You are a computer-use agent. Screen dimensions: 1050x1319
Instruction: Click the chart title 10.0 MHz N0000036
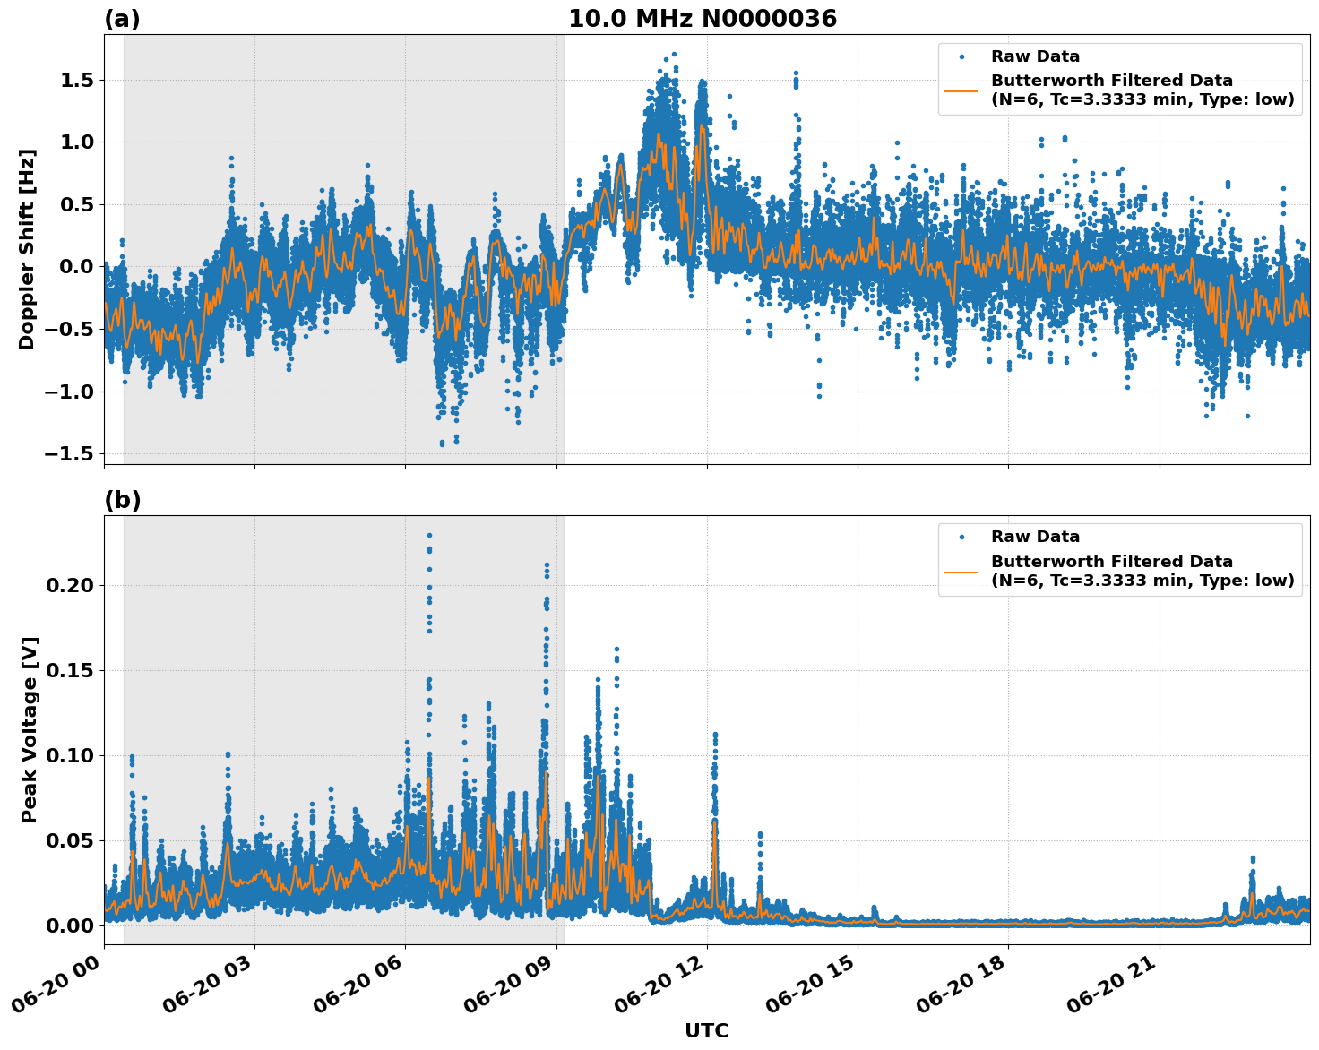click(702, 19)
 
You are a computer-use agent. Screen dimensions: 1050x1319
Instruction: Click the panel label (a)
click(122, 19)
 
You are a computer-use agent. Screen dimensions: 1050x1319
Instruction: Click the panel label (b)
click(122, 500)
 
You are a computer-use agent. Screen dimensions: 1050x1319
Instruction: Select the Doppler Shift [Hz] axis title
click(27, 249)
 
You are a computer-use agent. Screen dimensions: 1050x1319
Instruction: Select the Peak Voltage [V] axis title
click(30, 729)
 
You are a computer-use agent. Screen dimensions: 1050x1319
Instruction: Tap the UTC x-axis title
click(706, 1030)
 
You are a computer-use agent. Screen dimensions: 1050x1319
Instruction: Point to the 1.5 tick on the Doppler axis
click(74, 81)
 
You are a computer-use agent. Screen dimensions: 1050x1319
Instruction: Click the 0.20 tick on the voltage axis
click(70, 586)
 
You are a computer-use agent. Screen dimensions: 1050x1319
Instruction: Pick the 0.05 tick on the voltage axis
click(70, 841)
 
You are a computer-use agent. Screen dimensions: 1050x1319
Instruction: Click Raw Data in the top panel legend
click(1035, 56)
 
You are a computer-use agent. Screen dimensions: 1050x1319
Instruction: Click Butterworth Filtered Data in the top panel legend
click(1111, 81)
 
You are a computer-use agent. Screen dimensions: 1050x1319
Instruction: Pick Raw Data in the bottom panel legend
click(1035, 537)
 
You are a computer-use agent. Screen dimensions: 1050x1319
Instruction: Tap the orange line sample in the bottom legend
click(962, 571)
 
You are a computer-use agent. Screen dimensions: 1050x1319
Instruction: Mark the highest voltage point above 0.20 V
click(429, 536)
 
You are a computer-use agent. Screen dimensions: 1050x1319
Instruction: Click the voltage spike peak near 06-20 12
click(715, 734)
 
